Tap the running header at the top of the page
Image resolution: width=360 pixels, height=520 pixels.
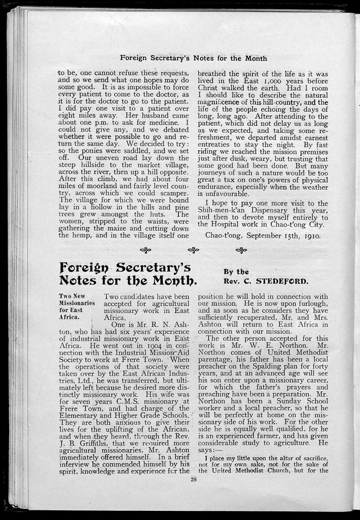[194, 58]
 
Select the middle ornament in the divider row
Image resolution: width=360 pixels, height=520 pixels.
[194, 250]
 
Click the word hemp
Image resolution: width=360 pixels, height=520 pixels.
[84, 235]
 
